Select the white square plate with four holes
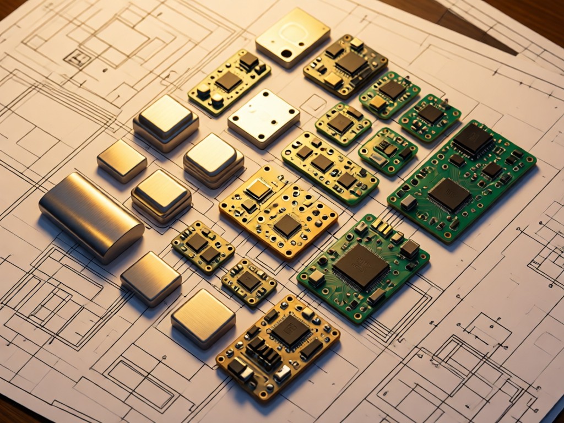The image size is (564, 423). pyautogui.click(x=264, y=118)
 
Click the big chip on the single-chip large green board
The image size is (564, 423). pyautogui.click(x=361, y=266)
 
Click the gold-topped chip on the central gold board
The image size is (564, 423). pyautogui.click(x=258, y=189)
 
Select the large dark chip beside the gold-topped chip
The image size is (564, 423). pyautogui.click(x=288, y=225)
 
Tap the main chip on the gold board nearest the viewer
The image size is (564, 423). pyautogui.click(x=290, y=331)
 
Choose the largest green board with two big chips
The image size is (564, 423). pyautogui.click(x=462, y=180)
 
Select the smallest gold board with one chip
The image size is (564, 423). pyautogui.click(x=249, y=281)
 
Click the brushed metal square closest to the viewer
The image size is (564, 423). pyautogui.click(x=203, y=318)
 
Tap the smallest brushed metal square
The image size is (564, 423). pyautogui.click(x=122, y=160)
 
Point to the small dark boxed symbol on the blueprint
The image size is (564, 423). pyautogui.click(x=77, y=58)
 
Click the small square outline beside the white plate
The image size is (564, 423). pyautogui.click(x=313, y=102)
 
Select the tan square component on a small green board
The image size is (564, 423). pyautogui.click(x=378, y=103)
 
